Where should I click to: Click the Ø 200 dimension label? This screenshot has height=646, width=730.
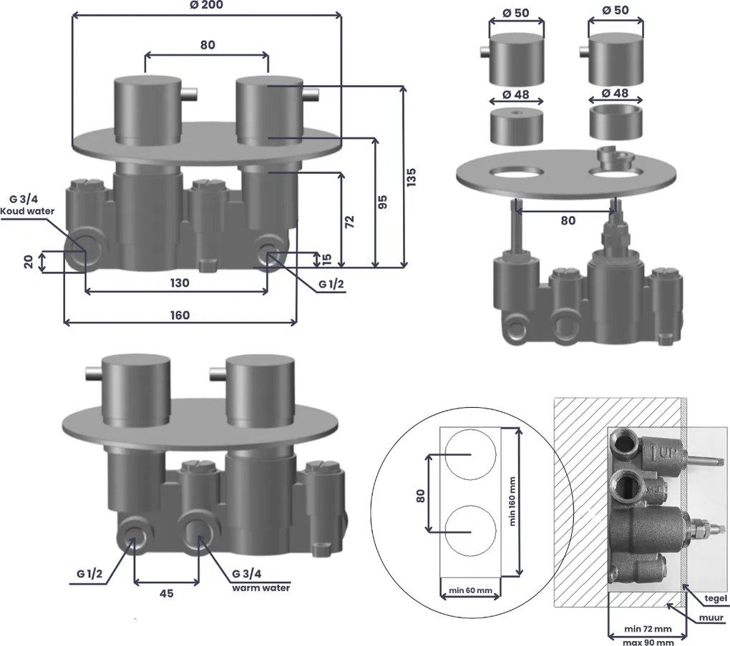[x=207, y=6]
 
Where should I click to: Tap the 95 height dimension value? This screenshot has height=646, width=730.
[x=384, y=202]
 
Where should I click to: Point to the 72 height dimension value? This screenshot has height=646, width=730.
[x=349, y=221]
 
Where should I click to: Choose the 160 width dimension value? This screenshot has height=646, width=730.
[x=180, y=315]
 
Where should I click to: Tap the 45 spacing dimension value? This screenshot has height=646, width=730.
[x=166, y=593]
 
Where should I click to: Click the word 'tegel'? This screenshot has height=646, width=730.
[x=715, y=598]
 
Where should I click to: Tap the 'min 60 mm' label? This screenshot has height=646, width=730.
[x=469, y=590]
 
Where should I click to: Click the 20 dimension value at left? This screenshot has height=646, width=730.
[x=28, y=262]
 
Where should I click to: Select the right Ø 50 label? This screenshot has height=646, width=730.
[x=616, y=9]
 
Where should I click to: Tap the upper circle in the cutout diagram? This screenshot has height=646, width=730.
[x=469, y=455]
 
